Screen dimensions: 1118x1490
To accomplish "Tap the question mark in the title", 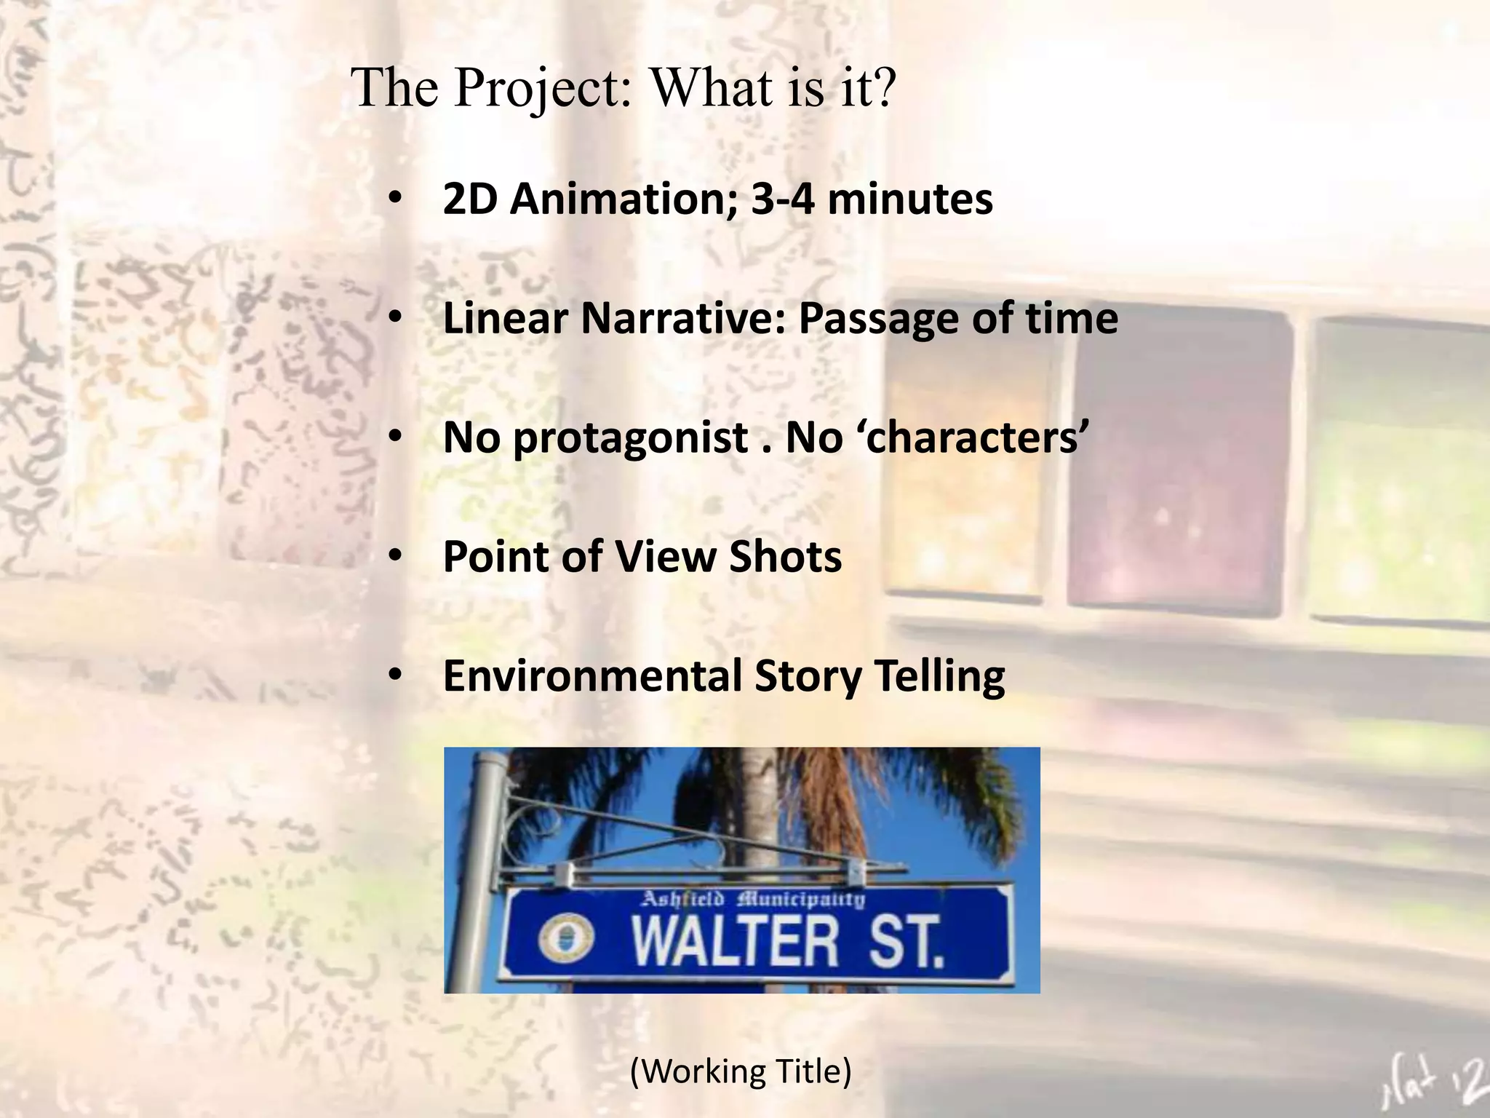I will point(882,87).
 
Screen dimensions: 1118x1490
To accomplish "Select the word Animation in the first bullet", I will point(623,199).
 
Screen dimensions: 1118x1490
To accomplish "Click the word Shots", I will point(786,557).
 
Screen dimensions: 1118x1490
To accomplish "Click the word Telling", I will point(939,676).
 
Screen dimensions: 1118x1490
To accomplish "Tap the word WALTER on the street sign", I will point(735,942).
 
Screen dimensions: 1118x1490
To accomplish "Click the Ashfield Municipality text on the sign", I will point(753,900).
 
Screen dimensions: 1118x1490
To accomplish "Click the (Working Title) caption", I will point(741,1071).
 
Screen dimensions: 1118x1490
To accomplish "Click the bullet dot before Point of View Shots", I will point(395,556).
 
